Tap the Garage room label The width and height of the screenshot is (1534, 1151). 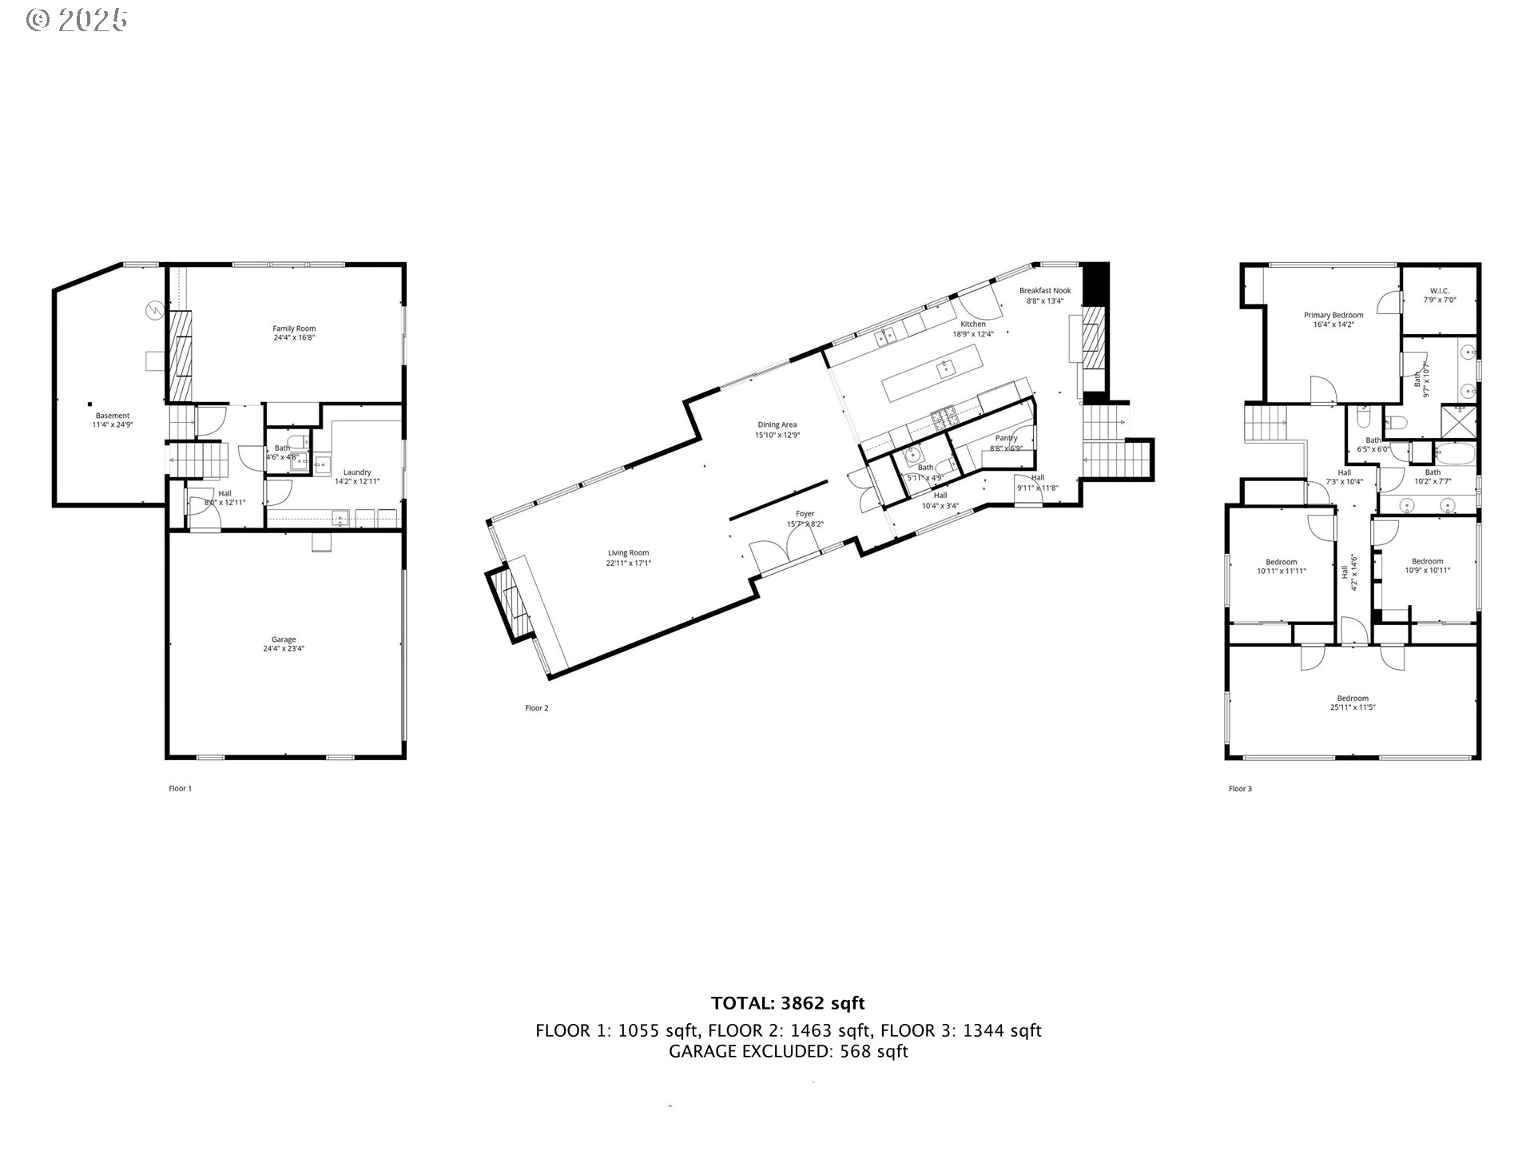284,644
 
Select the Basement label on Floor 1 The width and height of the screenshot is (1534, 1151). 112,420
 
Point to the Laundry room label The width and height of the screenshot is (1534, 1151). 356,476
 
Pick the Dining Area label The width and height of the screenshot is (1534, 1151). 777,430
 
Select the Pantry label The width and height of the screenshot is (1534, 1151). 1006,443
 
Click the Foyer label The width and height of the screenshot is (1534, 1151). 805,519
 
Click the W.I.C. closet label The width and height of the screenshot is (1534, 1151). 1440,295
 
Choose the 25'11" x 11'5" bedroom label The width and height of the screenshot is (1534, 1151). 1353,703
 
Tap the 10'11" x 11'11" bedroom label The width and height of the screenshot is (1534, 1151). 1282,566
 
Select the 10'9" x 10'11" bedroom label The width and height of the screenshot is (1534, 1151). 1427,565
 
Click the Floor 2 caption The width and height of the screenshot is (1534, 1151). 536,708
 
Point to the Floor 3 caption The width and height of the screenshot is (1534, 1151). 1240,789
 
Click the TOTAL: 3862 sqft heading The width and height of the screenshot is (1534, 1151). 788,1003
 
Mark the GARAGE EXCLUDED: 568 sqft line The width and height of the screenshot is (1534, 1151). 788,1052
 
